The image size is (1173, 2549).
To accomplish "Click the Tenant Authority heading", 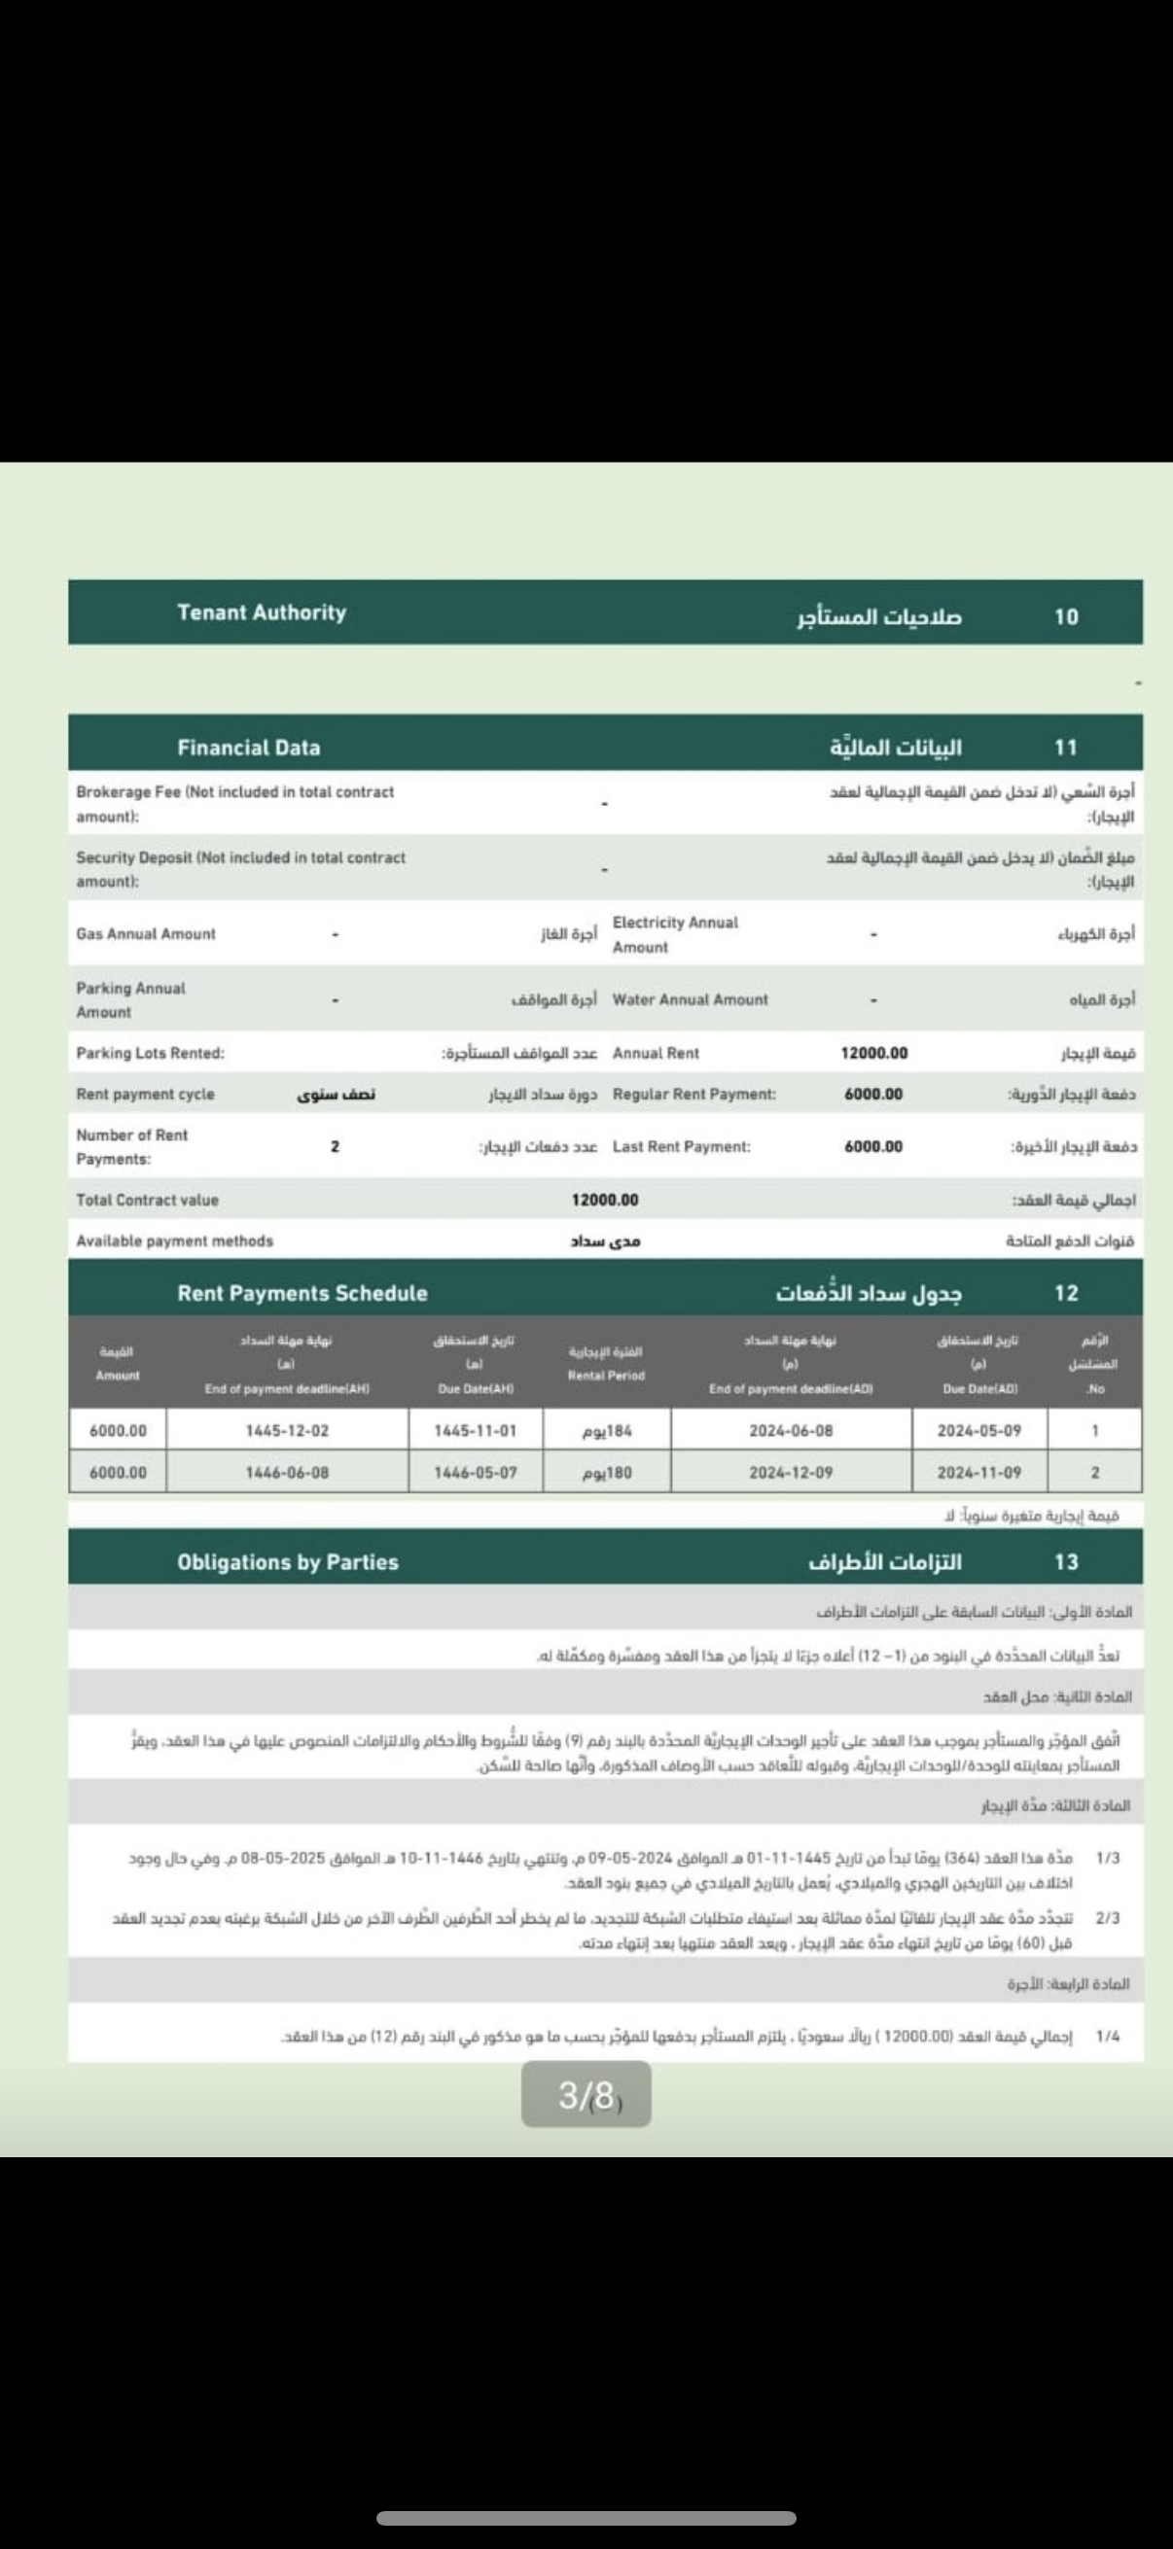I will tap(262, 612).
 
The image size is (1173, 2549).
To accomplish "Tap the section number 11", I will tap(1065, 747).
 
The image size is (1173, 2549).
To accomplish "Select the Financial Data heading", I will tap(248, 747).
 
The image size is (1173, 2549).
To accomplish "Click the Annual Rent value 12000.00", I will tap(873, 1053).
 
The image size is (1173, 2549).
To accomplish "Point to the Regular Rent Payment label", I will tap(693, 1095).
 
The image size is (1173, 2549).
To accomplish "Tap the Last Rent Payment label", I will tap(681, 1147).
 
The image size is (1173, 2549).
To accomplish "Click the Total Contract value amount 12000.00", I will tap(605, 1200).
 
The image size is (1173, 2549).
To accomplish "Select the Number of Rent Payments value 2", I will tap(335, 1147).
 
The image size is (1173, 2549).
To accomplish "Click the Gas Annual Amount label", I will tap(146, 933).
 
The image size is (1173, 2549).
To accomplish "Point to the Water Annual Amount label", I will tap(690, 999).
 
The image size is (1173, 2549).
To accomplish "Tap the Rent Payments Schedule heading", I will tap(302, 1293).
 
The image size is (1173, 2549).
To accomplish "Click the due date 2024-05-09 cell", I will tap(978, 1430).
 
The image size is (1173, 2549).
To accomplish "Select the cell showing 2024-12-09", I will tap(790, 1473).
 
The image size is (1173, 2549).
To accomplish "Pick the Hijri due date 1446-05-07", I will tap(476, 1473).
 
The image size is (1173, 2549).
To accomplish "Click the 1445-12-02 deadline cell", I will tap(287, 1430).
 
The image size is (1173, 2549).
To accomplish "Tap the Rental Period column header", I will tap(606, 1364).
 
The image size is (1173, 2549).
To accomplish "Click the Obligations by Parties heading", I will tap(287, 1562).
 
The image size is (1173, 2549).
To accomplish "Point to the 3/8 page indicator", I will tap(586, 2095).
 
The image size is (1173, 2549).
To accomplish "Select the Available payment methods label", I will tap(174, 1240).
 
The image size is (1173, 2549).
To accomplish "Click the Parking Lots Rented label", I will tap(150, 1053).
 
